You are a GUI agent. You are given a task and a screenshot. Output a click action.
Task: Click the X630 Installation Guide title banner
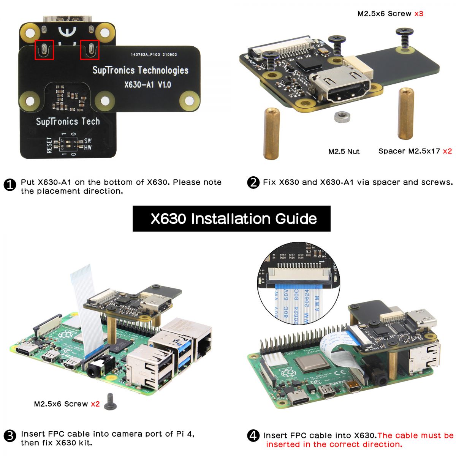tap(231, 218)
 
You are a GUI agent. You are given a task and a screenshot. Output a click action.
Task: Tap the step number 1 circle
tap(9, 185)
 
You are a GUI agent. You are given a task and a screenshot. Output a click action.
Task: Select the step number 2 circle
tap(253, 183)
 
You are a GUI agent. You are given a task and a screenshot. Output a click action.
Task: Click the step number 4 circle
tap(253, 436)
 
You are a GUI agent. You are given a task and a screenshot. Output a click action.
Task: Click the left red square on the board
tap(44, 49)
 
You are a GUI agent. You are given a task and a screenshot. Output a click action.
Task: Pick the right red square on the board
tap(90, 49)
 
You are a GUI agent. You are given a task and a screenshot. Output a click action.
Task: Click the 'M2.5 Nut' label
tap(344, 152)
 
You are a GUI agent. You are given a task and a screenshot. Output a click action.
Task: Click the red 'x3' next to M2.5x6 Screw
tap(418, 14)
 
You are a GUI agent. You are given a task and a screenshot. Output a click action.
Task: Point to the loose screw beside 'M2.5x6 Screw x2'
tap(110, 402)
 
